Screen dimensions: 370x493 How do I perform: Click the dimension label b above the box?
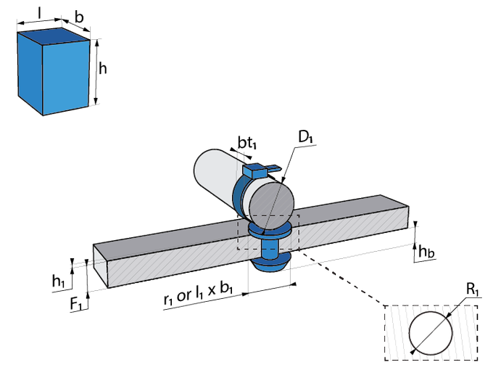click(78, 16)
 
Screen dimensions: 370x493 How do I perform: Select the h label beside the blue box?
click(103, 69)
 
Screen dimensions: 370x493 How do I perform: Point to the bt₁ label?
click(247, 144)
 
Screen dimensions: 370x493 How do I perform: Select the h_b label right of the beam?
click(427, 252)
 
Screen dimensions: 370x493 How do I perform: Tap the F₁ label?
click(75, 305)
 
